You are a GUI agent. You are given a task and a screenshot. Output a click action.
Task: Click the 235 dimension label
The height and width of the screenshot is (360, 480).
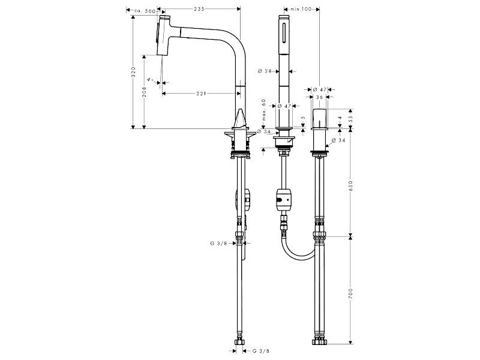(199, 9)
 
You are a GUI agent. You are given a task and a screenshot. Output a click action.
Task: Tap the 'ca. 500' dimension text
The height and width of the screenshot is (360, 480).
(145, 11)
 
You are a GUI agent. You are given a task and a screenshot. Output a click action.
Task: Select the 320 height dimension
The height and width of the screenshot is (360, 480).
(133, 71)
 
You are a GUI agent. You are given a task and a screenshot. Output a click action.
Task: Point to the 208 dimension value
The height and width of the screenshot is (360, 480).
(144, 92)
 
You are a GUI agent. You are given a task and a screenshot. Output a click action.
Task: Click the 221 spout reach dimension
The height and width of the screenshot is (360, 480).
(201, 94)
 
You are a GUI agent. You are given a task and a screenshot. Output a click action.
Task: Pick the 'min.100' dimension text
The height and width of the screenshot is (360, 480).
(301, 9)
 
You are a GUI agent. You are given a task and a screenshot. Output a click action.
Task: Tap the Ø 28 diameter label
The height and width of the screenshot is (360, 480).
(265, 71)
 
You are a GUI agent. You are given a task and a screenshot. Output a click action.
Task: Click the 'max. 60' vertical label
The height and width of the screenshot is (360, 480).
(264, 110)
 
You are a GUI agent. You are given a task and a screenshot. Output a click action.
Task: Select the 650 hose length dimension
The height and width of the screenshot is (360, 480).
(350, 186)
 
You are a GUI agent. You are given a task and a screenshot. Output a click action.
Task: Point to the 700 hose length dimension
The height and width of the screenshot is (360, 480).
(350, 294)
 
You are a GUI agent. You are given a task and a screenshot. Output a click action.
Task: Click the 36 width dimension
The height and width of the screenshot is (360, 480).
(319, 97)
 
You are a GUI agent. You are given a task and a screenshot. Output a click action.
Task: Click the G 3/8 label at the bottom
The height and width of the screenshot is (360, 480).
(261, 351)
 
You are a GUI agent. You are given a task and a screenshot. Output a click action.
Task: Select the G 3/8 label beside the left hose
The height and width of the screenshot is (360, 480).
(218, 244)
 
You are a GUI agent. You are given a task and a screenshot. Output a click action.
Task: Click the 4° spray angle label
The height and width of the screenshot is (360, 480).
(150, 80)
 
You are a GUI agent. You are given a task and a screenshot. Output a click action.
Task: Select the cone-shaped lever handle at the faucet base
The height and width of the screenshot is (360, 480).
(241, 119)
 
